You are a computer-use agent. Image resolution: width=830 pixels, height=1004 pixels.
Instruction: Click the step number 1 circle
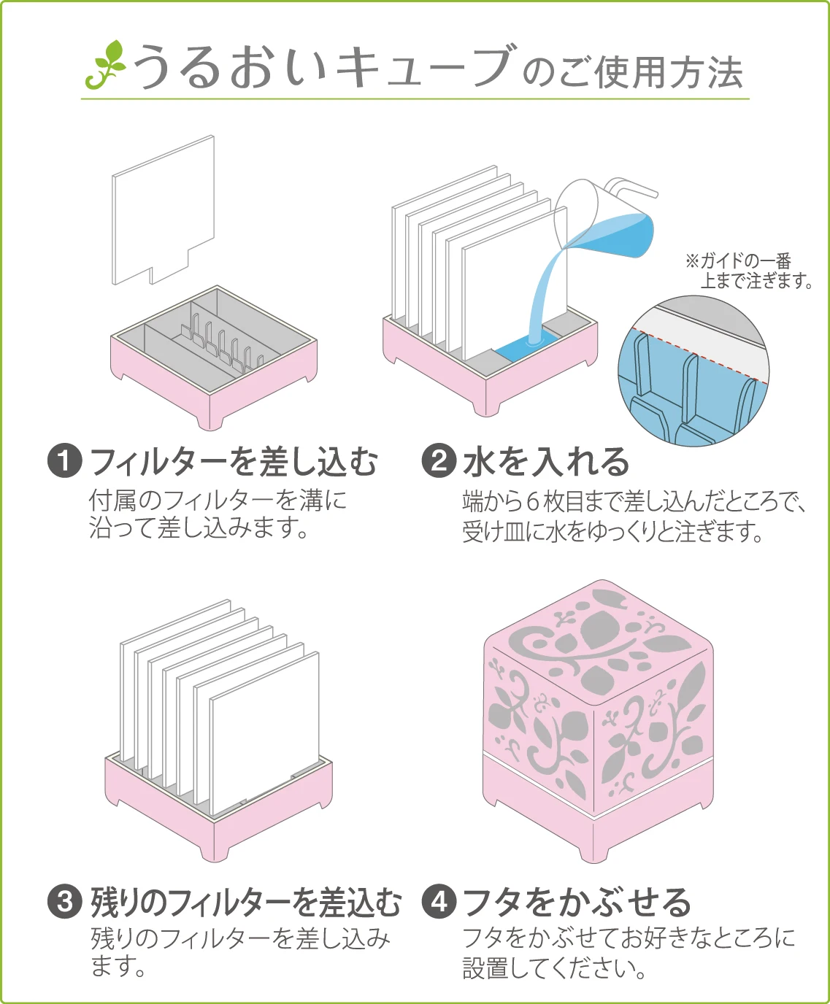coord(65,461)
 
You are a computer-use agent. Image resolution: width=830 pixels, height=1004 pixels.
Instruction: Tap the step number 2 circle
coord(439,461)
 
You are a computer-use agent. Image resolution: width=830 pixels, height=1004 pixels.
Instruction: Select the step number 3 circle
coord(65,902)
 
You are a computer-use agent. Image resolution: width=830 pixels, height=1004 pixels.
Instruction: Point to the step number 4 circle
coord(439,902)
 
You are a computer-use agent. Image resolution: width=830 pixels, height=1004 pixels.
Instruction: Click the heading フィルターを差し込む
coord(234,462)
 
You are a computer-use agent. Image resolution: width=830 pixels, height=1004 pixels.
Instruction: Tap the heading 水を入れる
coord(546,462)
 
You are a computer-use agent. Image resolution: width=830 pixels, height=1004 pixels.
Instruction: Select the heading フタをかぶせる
coord(577,903)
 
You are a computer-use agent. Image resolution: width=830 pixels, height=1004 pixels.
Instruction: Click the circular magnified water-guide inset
coord(693,372)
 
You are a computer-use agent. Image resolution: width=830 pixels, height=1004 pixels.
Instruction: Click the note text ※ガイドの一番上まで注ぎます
coord(749,271)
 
